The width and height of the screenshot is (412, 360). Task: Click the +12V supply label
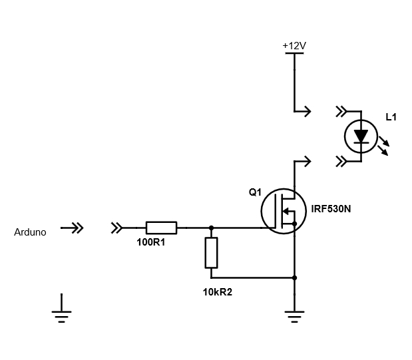click(294, 45)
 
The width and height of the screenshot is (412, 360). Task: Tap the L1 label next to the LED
click(391, 117)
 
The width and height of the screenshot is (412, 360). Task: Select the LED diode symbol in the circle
click(360, 136)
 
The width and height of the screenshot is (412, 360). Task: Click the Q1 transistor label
click(255, 192)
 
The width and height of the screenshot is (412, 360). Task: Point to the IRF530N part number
click(331, 209)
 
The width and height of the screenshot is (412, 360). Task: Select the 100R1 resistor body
click(161, 228)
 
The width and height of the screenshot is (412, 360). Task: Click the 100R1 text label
click(150, 243)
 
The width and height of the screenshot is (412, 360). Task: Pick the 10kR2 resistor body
click(211, 253)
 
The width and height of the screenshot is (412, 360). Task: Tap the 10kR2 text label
click(218, 291)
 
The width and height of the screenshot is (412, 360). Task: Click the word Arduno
click(30, 232)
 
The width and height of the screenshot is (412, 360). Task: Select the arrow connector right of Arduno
click(73, 228)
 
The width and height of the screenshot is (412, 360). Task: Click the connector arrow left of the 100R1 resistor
click(117, 228)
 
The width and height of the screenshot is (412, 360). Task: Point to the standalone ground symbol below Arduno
click(61, 315)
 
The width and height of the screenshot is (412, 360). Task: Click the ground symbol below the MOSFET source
click(294, 315)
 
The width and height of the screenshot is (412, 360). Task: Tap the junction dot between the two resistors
click(211, 228)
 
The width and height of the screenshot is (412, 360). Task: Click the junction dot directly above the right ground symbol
click(294, 277)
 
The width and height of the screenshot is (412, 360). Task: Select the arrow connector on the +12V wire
click(304, 111)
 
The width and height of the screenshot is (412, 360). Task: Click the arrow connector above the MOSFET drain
click(304, 161)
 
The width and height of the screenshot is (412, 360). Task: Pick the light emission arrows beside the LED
click(383, 147)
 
